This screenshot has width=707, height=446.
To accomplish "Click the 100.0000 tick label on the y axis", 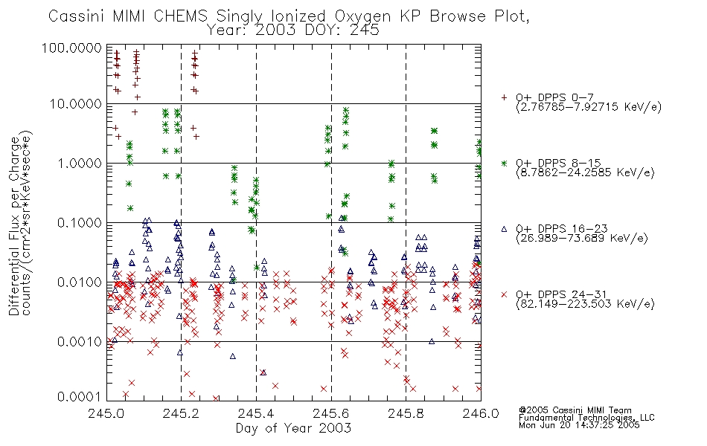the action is (71, 48).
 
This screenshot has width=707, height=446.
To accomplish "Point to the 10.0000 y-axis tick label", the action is (76, 104).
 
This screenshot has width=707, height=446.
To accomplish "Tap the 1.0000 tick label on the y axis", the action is (80, 163).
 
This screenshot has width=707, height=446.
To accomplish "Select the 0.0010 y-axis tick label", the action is (80, 342).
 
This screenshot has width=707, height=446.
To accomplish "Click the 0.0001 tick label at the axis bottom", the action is (80, 397).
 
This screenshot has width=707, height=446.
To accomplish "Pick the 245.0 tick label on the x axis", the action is (106, 413).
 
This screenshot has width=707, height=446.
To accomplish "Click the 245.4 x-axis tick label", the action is (256, 413).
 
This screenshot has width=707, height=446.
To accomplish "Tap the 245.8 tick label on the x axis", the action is (406, 413).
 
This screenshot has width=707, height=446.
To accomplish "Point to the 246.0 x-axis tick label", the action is (481, 413).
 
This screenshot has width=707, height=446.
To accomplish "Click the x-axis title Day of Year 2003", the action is (293, 428).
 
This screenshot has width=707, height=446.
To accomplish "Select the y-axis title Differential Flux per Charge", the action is (14, 226).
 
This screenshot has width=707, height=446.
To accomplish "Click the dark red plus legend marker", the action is (504, 97).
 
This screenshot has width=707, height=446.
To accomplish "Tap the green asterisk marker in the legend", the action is (504, 163).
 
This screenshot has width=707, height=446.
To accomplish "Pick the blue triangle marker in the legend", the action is (504, 229).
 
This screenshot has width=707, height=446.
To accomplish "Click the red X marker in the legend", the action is (504, 294).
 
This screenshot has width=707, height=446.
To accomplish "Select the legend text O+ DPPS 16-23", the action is (562, 228).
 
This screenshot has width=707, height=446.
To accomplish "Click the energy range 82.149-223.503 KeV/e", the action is (585, 304).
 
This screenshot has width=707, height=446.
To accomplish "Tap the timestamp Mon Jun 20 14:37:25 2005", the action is (579, 425).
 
